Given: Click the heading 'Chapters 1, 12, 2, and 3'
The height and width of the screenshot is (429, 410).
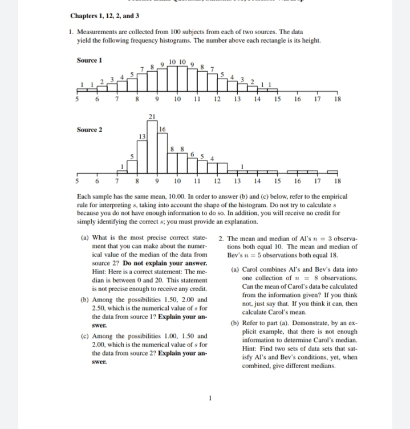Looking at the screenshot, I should pos(104,16).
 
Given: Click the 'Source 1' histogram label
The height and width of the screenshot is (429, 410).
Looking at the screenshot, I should pos(89,60).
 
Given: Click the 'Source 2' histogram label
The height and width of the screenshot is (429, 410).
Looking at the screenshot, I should pos(89,129).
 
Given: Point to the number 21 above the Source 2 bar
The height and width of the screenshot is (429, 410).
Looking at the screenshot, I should pos(152,117).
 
